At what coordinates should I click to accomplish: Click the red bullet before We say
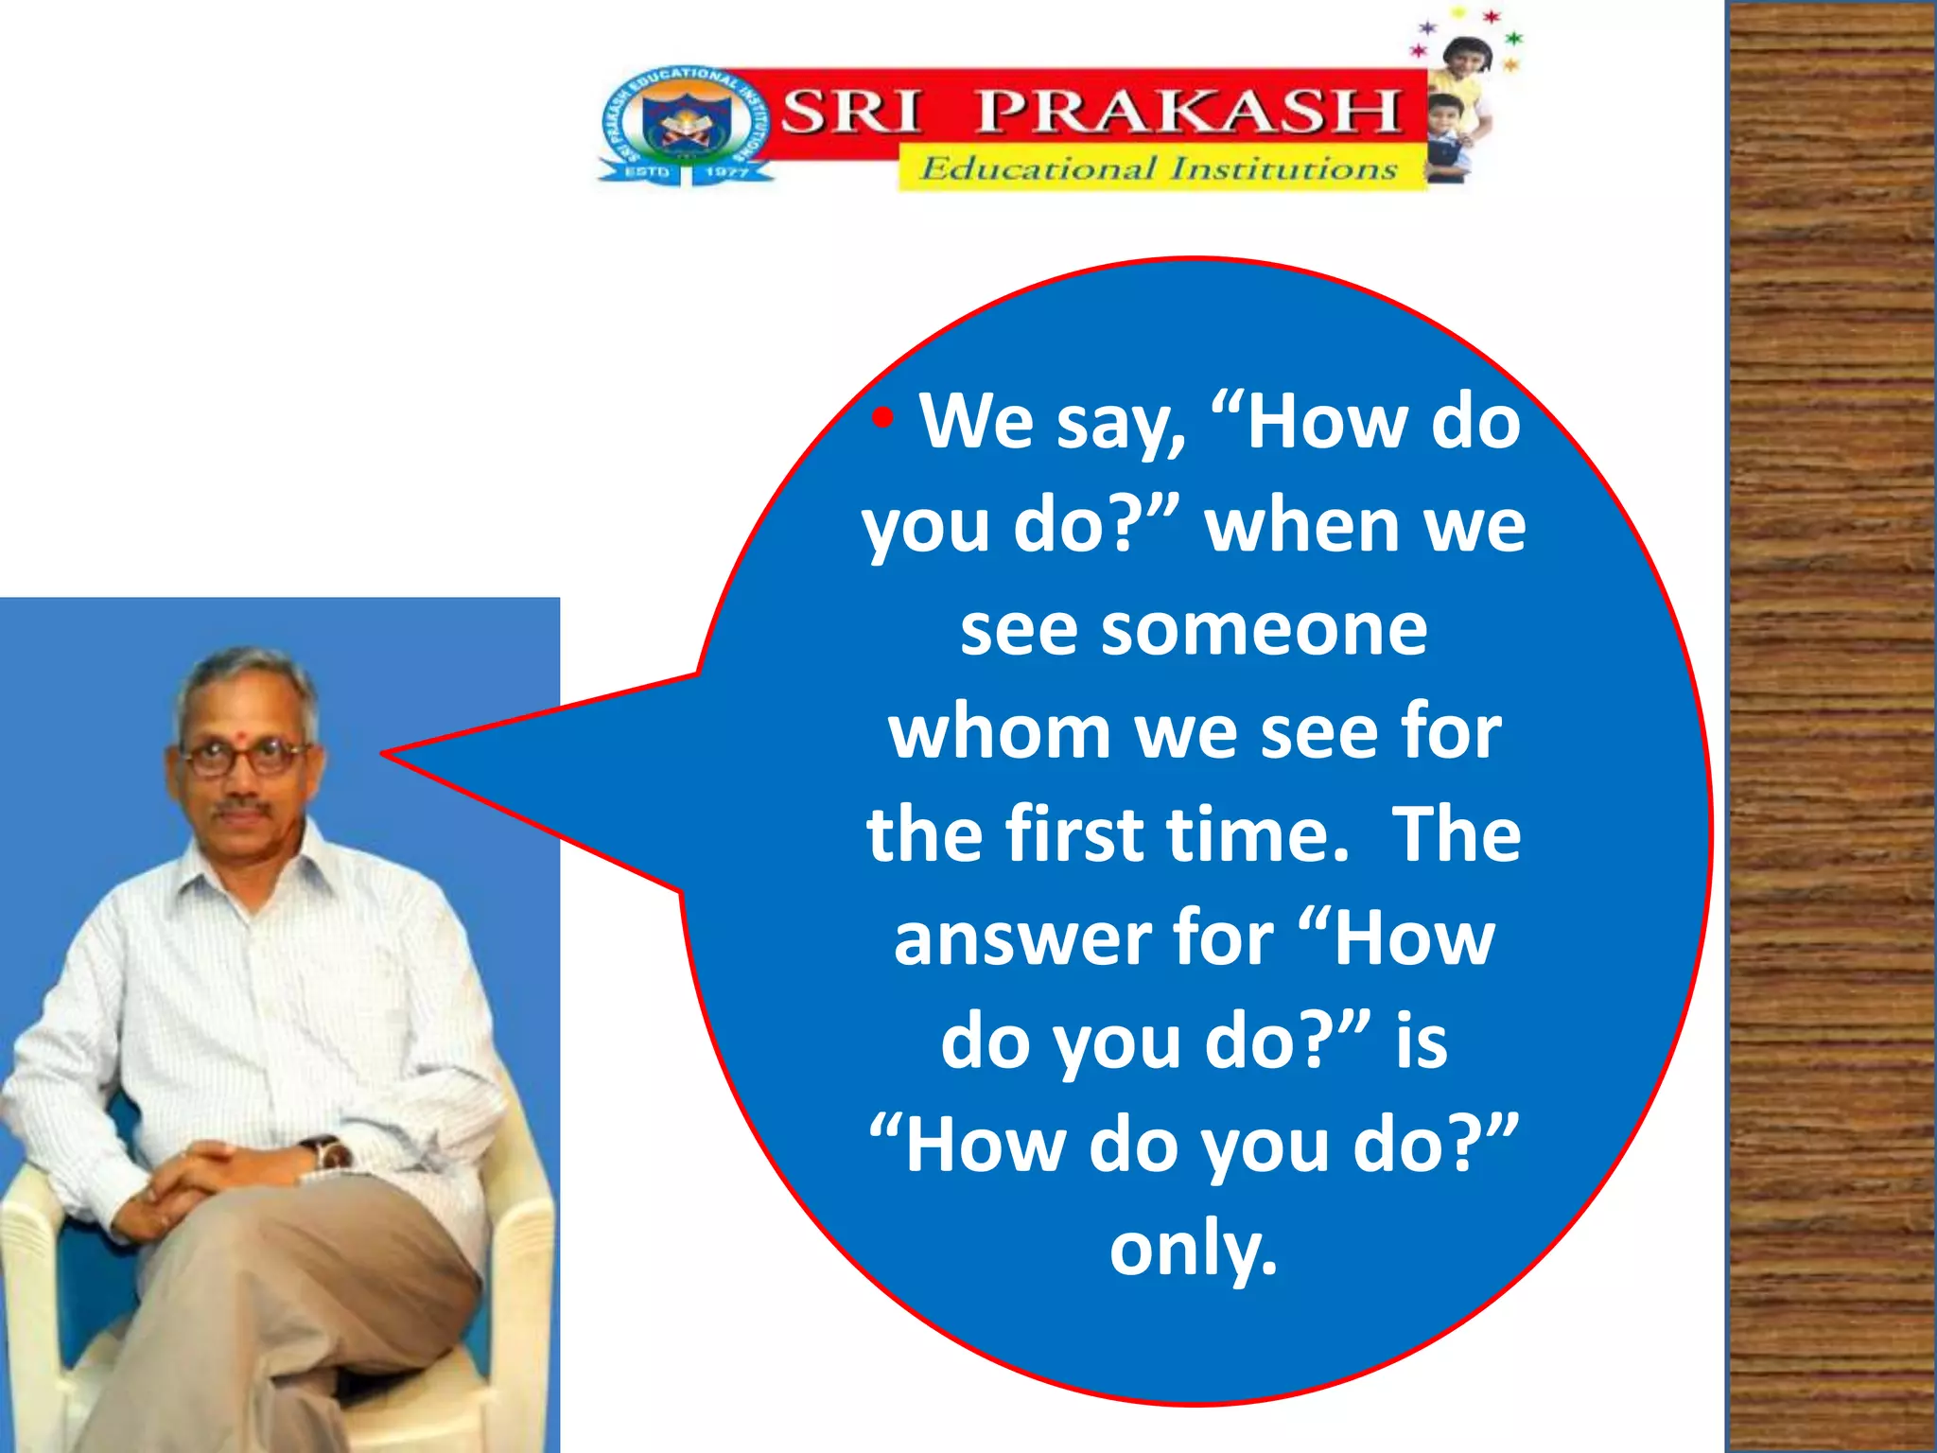(x=882, y=417)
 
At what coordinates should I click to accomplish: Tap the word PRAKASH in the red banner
(x=1188, y=112)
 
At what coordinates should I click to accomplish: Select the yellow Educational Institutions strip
(x=1160, y=168)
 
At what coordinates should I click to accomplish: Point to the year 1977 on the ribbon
(x=726, y=172)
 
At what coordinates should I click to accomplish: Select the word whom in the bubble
(x=1000, y=733)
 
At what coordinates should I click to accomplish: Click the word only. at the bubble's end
(x=1194, y=1250)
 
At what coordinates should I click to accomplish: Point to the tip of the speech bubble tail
(x=384, y=754)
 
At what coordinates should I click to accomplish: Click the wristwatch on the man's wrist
(x=329, y=1153)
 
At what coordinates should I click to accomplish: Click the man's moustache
(x=242, y=810)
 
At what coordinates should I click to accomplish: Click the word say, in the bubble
(x=1122, y=422)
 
